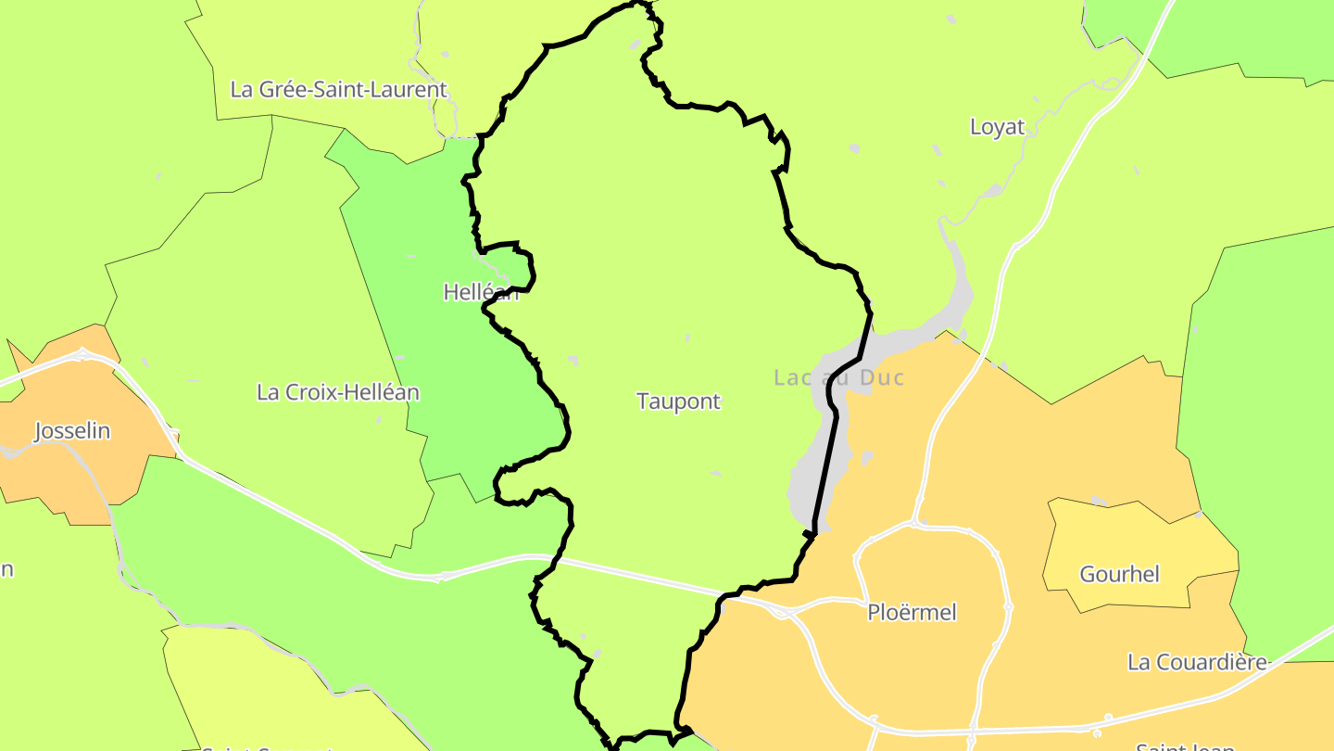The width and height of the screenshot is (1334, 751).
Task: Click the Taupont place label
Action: [x=678, y=401]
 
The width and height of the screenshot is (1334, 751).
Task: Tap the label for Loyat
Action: [x=997, y=127]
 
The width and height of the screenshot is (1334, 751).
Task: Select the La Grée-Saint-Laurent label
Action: [x=338, y=90]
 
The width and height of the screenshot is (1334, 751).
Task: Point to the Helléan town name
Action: [x=480, y=292]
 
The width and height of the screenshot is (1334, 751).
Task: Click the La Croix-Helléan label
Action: [x=337, y=392]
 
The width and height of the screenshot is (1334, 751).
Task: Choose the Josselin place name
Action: [x=72, y=431]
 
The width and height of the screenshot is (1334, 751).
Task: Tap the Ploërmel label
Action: [x=912, y=613]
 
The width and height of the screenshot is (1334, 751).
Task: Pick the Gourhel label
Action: [x=1119, y=575]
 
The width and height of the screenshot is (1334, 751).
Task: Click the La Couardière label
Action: [x=1197, y=662]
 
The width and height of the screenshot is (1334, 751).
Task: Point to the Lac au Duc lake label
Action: [x=838, y=377]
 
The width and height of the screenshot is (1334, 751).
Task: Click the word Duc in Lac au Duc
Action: [x=881, y=377]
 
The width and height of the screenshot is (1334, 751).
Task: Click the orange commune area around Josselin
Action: [x=56, y=473]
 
